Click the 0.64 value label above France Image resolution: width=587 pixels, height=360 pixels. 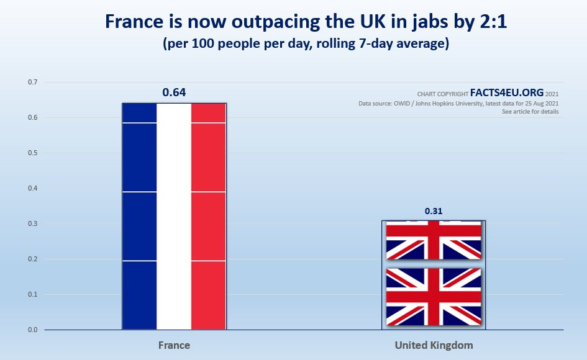pos(174,93)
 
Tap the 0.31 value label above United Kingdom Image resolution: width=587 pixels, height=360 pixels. pos(433,211)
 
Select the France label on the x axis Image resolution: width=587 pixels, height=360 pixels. pos(174,344)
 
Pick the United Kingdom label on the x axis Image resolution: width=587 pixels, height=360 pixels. pos(433,344)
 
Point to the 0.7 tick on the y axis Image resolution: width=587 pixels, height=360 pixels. pos(32,83)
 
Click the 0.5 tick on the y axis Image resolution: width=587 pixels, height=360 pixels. pos(32,153)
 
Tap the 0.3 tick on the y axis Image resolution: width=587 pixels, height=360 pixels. pos(32,224)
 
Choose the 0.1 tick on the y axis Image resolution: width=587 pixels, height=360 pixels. pos(32,295)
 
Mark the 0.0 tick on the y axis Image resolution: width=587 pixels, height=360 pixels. pos(32,330)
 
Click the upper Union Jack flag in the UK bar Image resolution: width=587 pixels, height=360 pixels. pos(433,241)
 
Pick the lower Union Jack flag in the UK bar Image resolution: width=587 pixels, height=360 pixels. pos(433,296)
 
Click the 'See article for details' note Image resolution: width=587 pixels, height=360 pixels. pos(530,112)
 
